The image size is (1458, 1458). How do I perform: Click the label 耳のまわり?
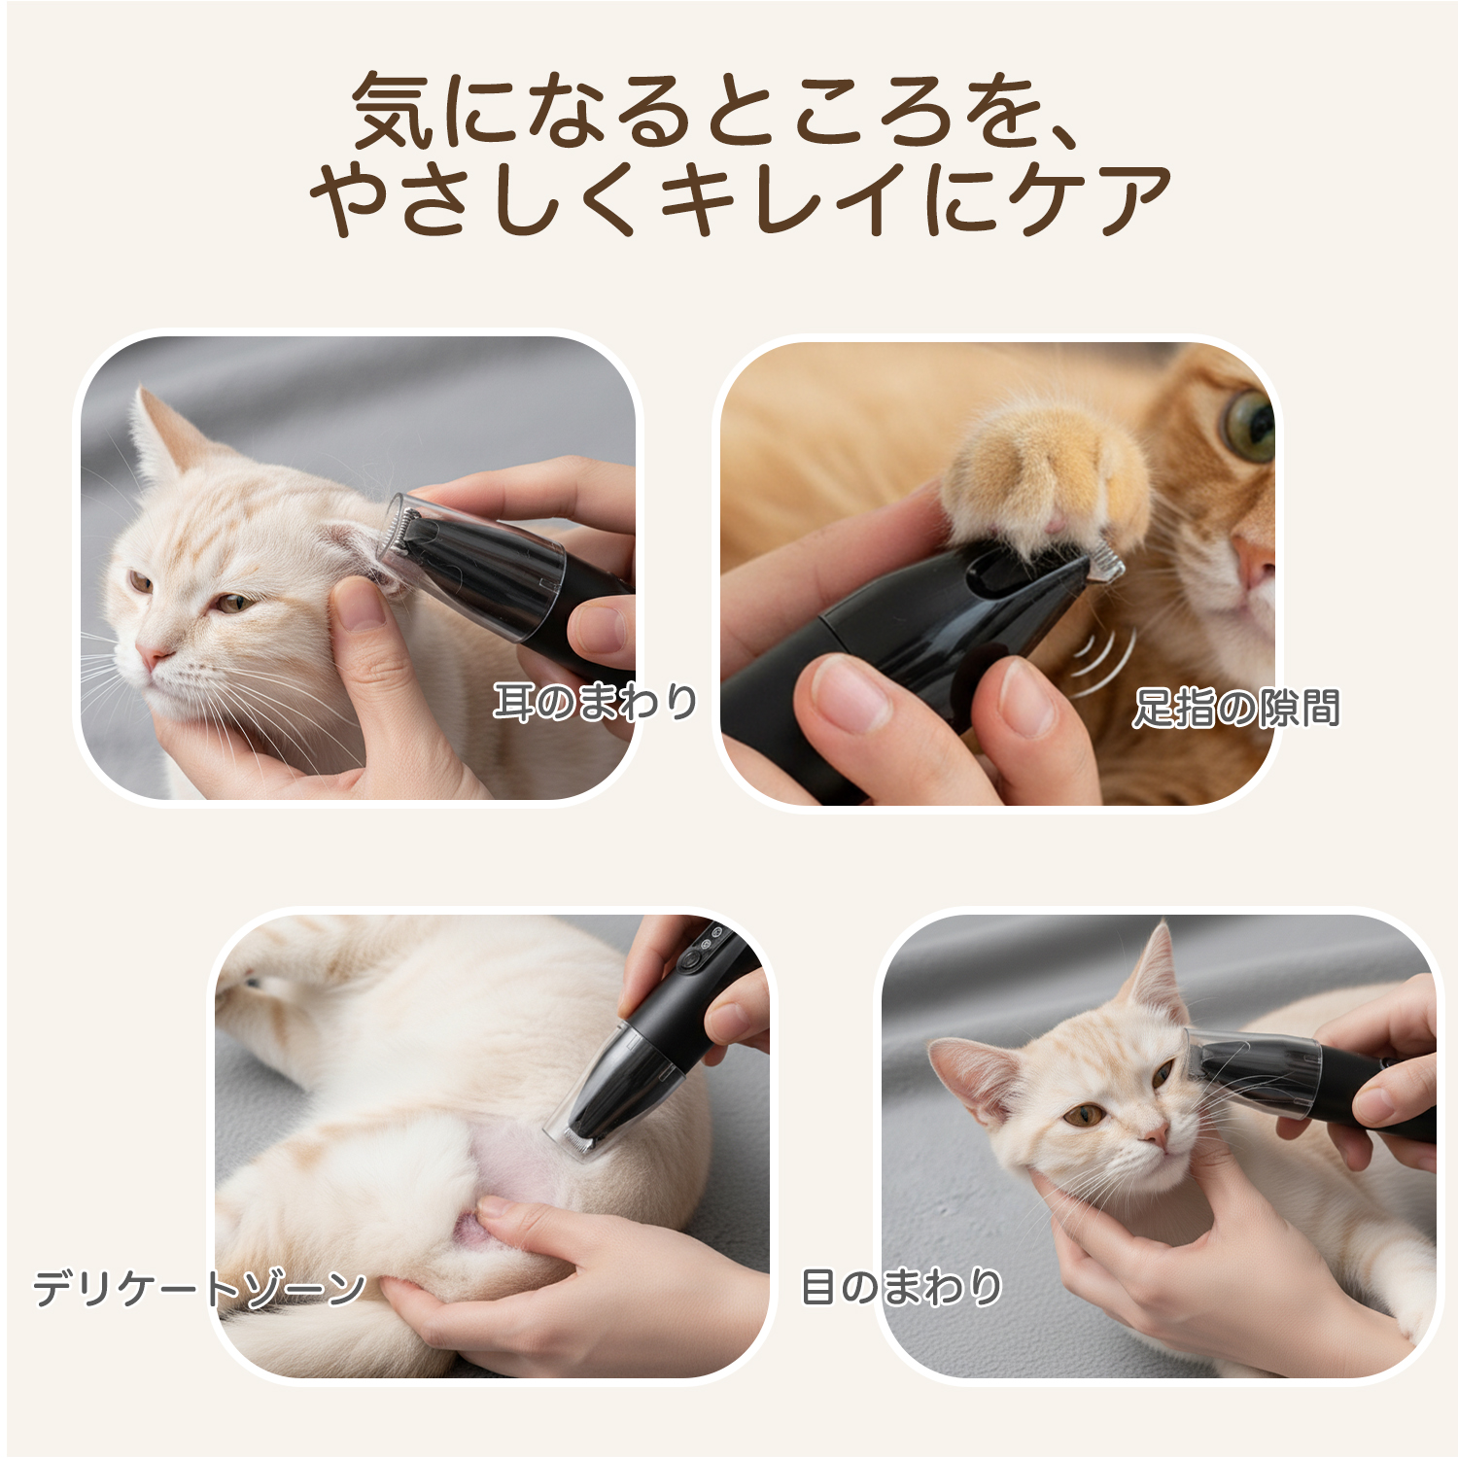pos(595,702)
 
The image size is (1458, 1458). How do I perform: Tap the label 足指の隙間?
pos(1235,708)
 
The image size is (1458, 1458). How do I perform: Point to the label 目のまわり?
pos(901,1287)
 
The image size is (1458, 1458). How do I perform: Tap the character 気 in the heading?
pos(394,110)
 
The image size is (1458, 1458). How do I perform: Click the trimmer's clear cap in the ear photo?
pos(471,564)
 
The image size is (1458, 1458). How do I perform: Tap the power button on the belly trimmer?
pos(691,960)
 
